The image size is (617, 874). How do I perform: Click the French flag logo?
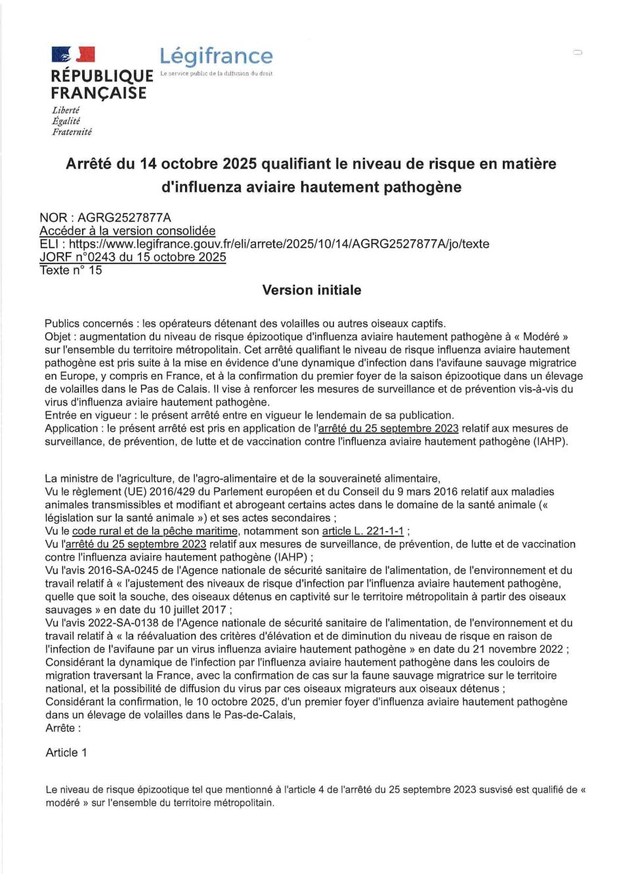click(x=73, y=55)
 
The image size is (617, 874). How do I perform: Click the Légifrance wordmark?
click(x=216, y=56)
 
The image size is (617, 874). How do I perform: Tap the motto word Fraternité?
click(x=72, y=132)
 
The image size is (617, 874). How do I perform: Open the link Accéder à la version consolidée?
click(x=127, y=231)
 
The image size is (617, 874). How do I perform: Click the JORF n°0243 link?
click(x=133, y=257)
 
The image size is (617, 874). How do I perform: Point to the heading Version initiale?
click(x=311, y=290)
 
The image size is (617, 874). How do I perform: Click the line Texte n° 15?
click(x=71, y=270)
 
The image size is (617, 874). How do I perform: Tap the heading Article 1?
click(x=66, y=752)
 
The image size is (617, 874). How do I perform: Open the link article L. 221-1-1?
click(x=363, y=531)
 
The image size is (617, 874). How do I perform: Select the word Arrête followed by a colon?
click(x=63, y=728)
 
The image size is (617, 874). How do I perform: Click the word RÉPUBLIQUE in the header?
click(x=102, y=76)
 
